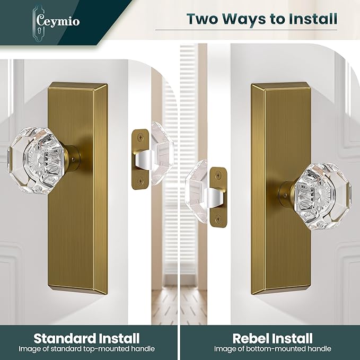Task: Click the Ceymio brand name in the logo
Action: click(x=58, y=22)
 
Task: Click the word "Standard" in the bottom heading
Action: click(x=65, y=338)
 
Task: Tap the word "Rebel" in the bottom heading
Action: click(x=250, y=338)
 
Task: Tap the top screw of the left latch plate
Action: click(x=140, y=138)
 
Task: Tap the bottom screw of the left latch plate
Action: click(x=140, y=181)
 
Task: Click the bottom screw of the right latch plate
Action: click(x=218, y=219)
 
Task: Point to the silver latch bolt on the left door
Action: click(x=144, y=160)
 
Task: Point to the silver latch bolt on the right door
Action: click(x=214, y=198)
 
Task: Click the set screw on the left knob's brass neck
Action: click(x=73, y=158)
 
